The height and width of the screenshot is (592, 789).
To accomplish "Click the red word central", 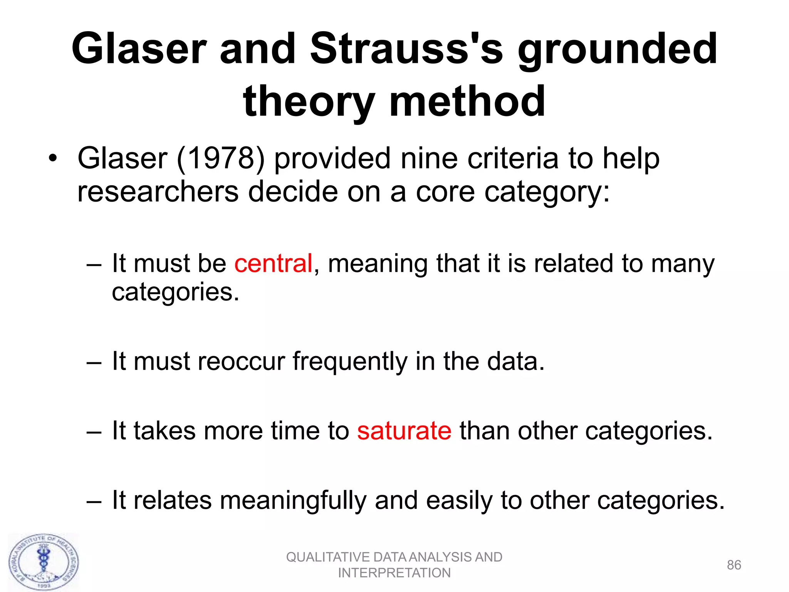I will (273, 264).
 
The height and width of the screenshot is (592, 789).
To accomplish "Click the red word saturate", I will (404, 431).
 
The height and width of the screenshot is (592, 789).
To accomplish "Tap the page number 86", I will (734, 565).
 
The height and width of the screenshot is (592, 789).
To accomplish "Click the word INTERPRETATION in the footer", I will (394, 573).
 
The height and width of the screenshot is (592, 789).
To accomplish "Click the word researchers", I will (158, 192).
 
